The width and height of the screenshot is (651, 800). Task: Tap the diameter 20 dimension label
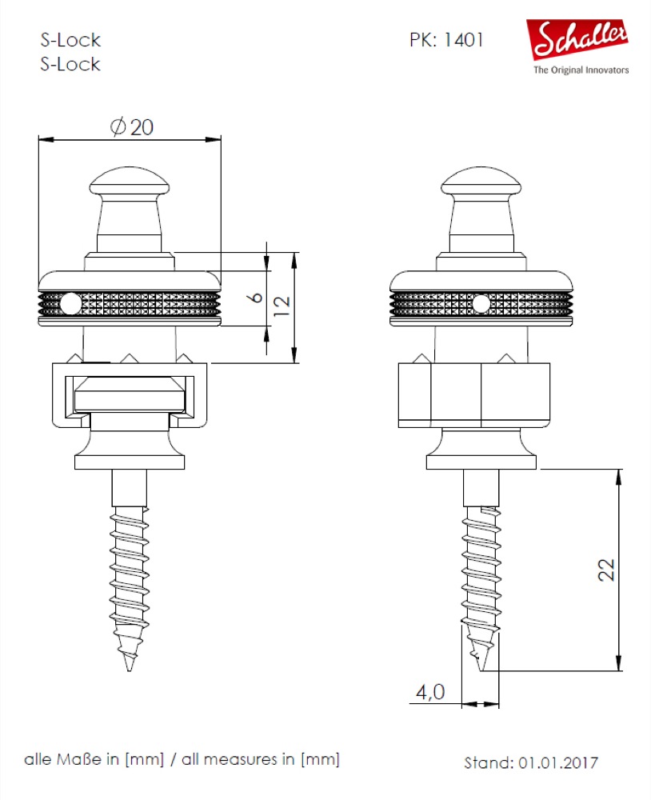pos(132,126)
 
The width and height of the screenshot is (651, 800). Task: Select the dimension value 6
pos(256,297)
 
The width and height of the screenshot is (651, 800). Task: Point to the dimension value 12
pos(282,306)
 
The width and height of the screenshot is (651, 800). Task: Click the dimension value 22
pos(606,570)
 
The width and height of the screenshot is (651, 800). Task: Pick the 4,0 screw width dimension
pos(430,692)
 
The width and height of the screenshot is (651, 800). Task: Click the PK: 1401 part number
pos(446,40)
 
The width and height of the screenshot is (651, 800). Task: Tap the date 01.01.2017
pos(558,762)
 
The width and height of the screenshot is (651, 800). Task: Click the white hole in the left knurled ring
pos(70,305)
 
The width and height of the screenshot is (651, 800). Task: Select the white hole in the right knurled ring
pos(481,304)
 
